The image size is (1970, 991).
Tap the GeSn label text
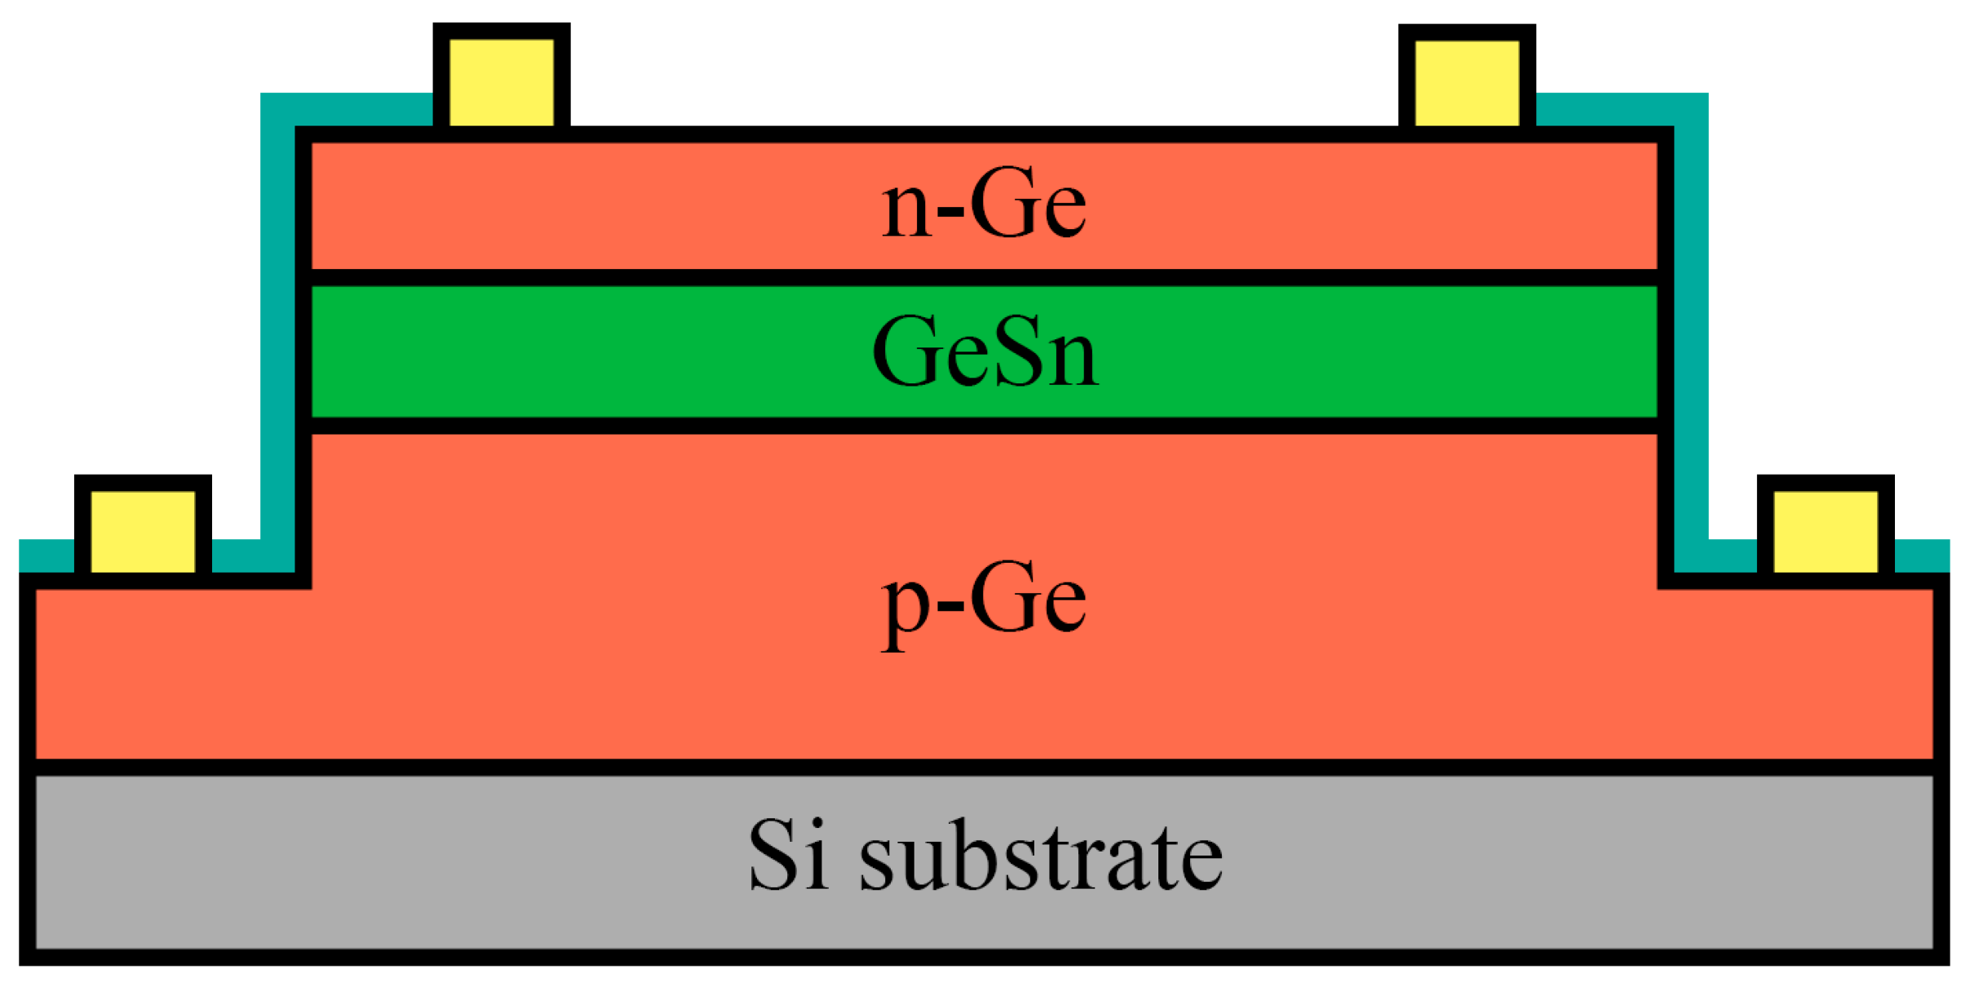985,352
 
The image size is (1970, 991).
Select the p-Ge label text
984,602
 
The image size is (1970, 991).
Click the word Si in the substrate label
788,855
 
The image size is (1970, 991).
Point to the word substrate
1041,856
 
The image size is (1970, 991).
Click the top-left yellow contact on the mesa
502,82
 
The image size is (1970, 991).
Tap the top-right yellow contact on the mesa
1467,82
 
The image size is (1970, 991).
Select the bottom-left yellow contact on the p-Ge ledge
143,531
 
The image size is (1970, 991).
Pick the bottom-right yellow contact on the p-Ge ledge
1826,531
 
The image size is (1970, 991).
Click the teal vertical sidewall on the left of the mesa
277,326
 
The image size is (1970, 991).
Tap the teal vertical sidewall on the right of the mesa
1691,326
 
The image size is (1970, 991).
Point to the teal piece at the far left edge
46,555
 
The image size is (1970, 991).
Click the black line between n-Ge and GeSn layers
984,277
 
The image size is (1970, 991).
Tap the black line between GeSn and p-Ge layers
984,425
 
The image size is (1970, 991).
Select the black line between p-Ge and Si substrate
984,767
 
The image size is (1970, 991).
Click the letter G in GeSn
905,352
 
